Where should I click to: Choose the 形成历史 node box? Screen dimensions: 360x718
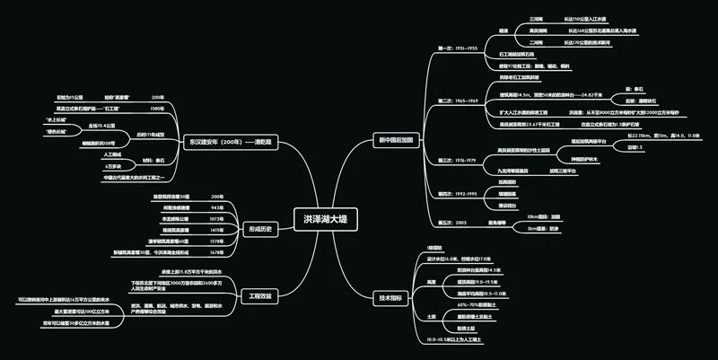tap(259, 229)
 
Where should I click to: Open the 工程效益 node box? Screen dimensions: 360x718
tap(259, 295)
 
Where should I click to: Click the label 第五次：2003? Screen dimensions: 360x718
tap(451, 222)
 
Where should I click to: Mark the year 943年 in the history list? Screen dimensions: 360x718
tap(216, 207)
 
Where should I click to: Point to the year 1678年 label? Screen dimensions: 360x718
tap(216, 252)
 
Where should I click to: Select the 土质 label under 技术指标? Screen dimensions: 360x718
tap(432, 317)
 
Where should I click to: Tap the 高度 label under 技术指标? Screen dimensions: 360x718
tap(432, 282)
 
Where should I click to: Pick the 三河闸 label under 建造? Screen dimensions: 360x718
tap(536, 18)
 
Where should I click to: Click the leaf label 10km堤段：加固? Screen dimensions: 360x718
tap(544, 216)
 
